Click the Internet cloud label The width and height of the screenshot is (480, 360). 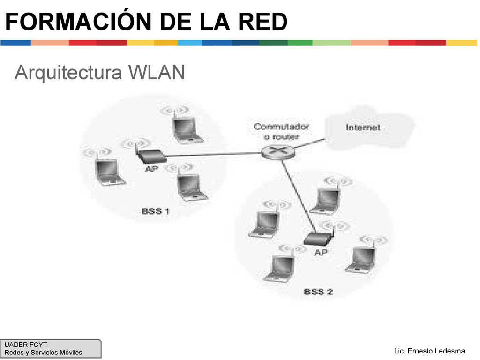click(x=363, y=127)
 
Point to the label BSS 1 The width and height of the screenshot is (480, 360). click(x=156, y=211)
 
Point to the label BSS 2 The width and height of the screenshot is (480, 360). click(x=318, y=292)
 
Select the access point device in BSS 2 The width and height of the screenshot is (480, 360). click(x=318, y=239)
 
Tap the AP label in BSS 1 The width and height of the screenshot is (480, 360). click(x=151, y=169)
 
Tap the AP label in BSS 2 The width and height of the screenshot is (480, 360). click(x=321, y=252)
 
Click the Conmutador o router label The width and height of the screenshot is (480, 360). click(x=281, y=132)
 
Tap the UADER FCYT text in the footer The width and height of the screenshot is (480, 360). click(x=26, y=345)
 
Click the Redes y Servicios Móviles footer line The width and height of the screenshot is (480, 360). click(x=43, y=352)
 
